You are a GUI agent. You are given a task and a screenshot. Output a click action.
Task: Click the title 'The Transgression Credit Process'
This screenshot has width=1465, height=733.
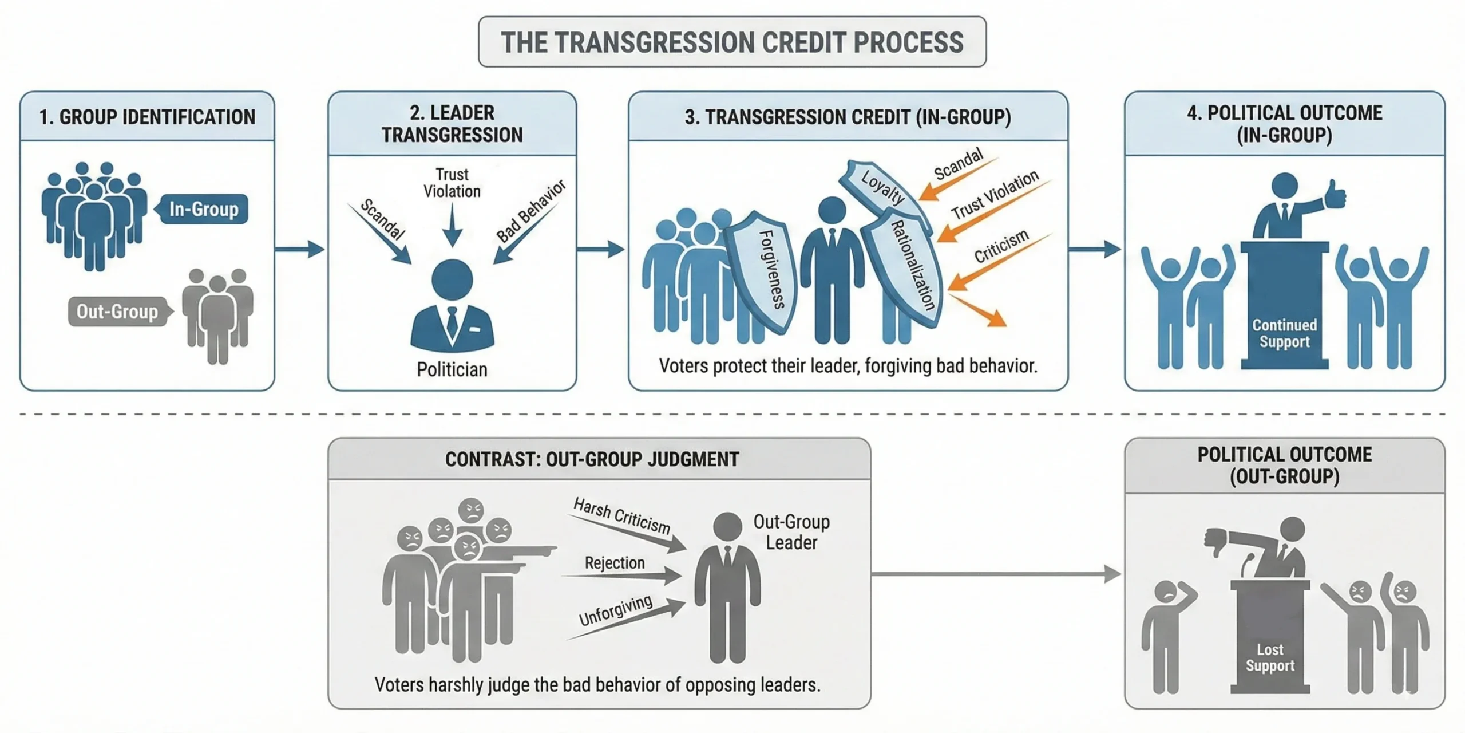(x=732, y=42)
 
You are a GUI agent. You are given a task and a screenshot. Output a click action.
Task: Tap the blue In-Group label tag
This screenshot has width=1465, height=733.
(x=204, y=209)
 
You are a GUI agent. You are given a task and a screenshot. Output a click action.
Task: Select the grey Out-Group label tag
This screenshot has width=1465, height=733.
(x=117, y=312)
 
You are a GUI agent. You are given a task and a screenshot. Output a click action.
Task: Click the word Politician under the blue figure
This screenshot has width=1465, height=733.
(x=452, y=369)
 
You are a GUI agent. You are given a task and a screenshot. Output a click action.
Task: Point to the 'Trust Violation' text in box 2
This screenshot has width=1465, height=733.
(x=452, y=183)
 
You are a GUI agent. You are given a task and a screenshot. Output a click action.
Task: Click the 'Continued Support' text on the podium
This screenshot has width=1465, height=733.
(x=1284, y=333)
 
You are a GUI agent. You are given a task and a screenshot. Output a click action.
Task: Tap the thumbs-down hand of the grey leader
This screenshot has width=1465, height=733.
(x=1215, y=542)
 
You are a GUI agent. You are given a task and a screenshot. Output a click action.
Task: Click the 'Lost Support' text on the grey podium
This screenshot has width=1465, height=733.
(x=1270, y=657)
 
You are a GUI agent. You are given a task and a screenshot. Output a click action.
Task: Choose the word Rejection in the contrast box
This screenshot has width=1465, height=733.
(x=615, y=563)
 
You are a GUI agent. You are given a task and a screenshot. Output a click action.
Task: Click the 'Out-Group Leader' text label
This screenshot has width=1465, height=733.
(x=791, y=532)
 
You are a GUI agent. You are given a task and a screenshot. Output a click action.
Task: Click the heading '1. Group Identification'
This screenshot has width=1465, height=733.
(x=147, y=117)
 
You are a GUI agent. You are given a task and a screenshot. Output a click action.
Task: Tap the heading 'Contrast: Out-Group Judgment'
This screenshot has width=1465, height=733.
(x=592, y=459)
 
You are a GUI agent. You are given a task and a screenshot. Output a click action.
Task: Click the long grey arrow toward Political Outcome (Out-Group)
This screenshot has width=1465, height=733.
(x=996, y=573)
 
